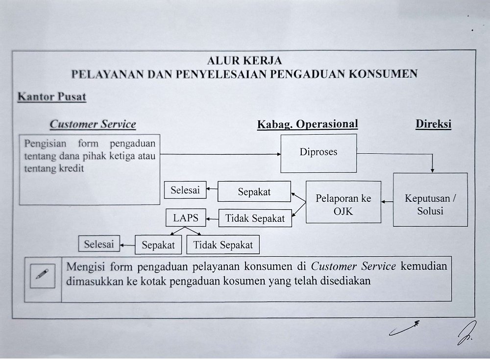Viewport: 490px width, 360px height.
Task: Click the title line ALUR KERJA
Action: point(245,61)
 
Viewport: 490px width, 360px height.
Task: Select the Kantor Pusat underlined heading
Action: point(51,97)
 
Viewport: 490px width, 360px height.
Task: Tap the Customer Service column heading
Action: point(93,124)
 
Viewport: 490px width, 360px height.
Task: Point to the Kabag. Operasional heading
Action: point(308,124)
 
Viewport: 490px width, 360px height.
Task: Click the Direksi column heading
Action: point(433,124)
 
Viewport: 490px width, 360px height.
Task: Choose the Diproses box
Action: point(318,152)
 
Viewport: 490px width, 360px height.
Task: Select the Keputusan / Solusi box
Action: point(430,205)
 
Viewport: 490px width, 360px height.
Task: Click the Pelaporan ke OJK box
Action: point(343,205)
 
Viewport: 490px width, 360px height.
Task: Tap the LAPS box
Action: point(186,218)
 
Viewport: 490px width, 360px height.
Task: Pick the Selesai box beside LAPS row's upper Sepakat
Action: point(185,191)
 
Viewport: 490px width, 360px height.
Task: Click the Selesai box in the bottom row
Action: point(99,244)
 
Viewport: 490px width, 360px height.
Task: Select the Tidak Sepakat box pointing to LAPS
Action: point(255,218)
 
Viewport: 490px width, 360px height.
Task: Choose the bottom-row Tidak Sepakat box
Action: point(223,245)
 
